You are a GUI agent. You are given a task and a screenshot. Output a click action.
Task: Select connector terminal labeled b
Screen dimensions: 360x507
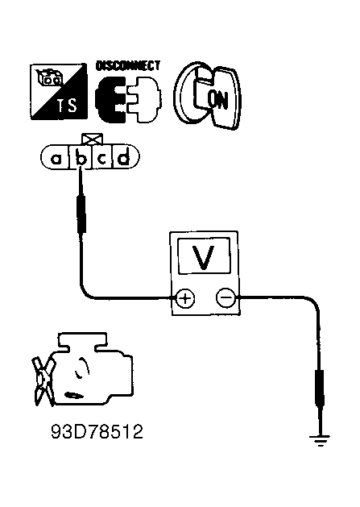click(x=81, y=158)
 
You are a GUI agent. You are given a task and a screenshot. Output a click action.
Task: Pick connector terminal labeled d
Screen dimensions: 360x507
click(x=125, y=158)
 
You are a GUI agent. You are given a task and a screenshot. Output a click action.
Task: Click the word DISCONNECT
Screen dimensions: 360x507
click(x=128, y=65)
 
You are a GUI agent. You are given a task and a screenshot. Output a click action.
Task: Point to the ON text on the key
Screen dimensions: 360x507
click(x=217, y=100)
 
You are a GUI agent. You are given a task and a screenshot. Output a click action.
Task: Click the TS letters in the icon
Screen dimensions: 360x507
click(x=67, y=105)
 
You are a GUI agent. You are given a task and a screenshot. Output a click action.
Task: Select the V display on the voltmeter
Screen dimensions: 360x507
click(x=203, y=256)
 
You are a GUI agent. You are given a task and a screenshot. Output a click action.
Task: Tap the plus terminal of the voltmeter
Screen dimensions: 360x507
click(x=185, y=297)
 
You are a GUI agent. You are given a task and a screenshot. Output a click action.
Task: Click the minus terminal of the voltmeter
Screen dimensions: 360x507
click(x=226, y=297)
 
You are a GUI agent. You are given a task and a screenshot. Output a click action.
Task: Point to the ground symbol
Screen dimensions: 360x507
click(x=320, y=440)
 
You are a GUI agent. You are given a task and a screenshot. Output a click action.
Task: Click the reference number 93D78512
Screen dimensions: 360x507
click(x=97, y=431)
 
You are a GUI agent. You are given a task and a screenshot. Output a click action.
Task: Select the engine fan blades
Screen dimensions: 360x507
click(x=43, y=381)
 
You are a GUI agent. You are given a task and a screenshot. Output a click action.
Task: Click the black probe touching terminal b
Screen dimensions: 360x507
click(x=81, y=214)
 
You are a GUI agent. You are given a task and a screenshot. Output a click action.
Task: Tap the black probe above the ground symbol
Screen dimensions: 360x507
click(x=319, y=388)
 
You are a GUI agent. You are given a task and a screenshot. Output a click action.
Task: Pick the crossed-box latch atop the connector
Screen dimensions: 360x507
click(x=93, y=139)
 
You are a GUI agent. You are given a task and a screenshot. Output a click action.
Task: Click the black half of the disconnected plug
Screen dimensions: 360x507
click(x=110, y=100)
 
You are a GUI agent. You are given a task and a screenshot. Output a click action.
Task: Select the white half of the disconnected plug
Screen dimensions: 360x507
click(x=144, y=99)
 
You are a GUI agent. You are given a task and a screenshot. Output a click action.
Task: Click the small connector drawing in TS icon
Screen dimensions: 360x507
click(x=49, y=77)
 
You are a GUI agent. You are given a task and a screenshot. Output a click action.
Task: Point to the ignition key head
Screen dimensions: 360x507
click(x=224, y=97)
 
